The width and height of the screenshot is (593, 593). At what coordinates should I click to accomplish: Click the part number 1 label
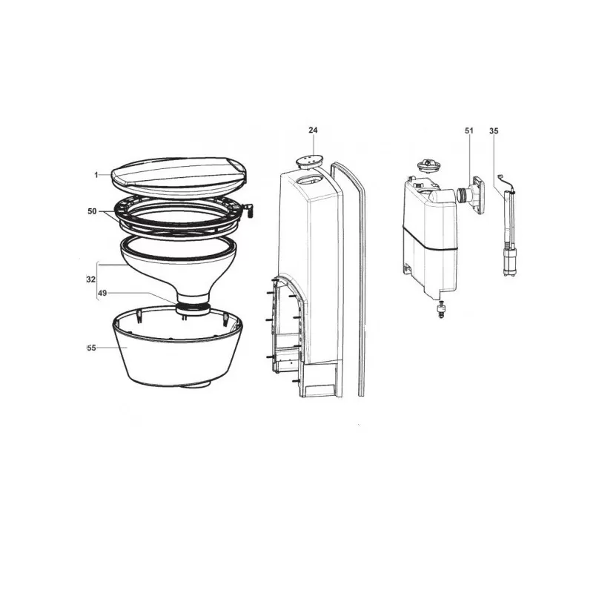tap(96, 175)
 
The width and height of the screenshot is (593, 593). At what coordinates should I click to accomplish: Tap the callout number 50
tap(92, 211)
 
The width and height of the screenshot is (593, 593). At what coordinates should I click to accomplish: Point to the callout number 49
tap(103, 294)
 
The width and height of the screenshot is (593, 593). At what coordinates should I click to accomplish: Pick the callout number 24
tap(313, 130)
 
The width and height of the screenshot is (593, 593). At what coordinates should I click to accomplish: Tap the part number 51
tap(468, 130)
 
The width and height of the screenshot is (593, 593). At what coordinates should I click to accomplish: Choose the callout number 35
tap(494, 130)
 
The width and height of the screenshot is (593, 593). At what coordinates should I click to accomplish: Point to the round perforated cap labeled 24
tap(306, 161)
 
